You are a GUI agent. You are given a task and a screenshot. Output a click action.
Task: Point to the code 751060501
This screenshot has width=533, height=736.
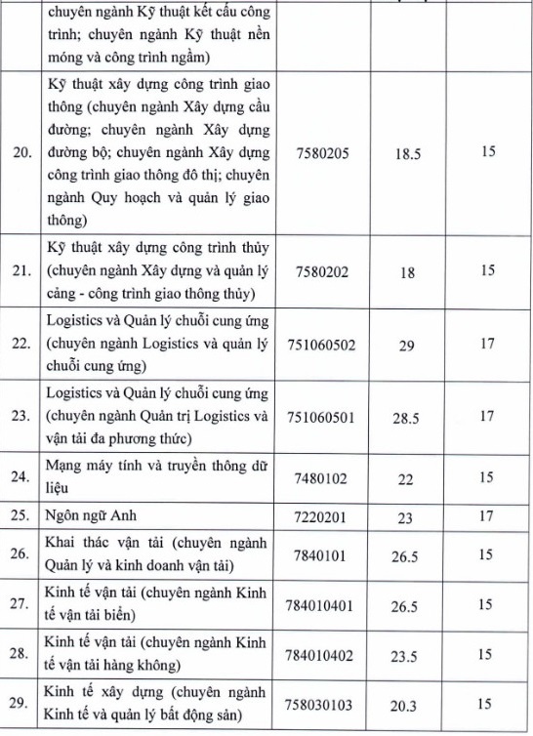[x=327, y=418]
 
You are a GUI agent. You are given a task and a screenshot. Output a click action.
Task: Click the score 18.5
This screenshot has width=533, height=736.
[x=407, y=153]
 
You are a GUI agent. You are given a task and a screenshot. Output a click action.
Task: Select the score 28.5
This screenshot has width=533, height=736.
[x=407, y=418]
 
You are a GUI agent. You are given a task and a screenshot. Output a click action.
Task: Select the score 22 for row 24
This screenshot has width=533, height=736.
[x=407, y=480]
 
